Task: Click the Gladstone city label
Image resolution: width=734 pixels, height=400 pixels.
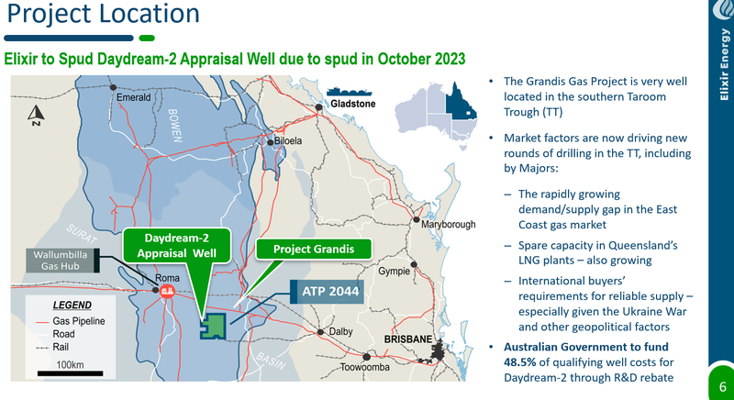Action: pos(353,104)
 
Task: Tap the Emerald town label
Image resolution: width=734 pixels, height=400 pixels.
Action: pos(133,98)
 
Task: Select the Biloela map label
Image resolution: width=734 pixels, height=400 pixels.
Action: pos(288,141)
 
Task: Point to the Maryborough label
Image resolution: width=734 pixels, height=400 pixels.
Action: pos(449,225)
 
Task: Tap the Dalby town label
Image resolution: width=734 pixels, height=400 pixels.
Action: pos(340,331)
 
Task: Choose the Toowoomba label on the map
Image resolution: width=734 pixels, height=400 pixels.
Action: pos(364,367)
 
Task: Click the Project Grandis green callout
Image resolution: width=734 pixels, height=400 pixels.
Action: pos(314,249)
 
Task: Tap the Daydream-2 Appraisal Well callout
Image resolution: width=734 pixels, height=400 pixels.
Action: pos(177,246)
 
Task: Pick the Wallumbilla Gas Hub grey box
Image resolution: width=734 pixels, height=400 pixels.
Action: pos(62,261)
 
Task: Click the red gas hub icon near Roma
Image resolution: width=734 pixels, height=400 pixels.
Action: pos(167,291)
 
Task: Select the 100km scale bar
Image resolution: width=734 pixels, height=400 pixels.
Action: pos(71,373)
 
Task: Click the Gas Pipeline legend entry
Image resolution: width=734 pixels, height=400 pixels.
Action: pos(72,321)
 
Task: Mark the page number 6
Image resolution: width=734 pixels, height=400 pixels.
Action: pos(723,387)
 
